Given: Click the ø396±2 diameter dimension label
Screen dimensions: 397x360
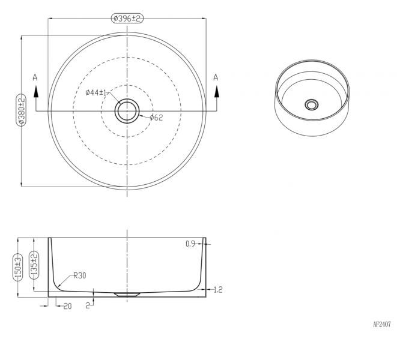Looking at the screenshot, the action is (x=127, y=19).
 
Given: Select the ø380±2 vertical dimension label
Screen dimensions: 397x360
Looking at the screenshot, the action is (x=21, y=110).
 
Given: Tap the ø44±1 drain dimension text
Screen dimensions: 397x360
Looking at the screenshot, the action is (x=96, y=92).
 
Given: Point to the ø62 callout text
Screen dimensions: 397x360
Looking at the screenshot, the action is (x=156, y=118).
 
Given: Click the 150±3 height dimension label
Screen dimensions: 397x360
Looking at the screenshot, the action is (x=18, y=268).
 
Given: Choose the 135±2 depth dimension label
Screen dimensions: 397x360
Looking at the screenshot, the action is (x=34, y=265).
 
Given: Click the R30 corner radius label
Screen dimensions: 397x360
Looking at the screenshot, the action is (x=80, y=275).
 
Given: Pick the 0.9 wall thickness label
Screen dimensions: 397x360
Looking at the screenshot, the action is (x=190, y=244).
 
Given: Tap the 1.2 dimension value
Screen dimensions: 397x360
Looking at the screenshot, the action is (x=218, y=290).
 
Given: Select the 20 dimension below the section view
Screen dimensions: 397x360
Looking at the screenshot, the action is (x=67, y=307).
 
